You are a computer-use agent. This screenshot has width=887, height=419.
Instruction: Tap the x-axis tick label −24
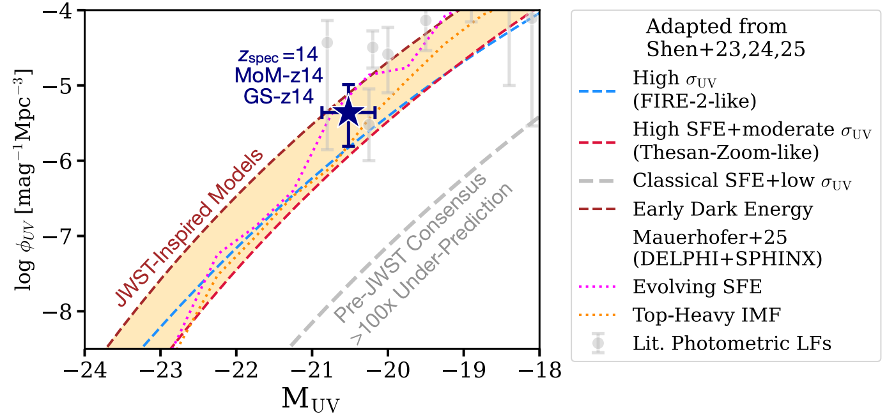84,370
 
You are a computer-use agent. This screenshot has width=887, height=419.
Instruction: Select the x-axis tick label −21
312,370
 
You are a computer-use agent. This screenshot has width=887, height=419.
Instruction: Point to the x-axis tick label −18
539,370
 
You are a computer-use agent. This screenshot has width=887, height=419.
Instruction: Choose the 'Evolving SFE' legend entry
697,287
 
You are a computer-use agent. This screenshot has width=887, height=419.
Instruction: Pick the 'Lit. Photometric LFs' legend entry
732,343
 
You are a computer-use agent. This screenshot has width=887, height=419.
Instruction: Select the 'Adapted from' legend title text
716,27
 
